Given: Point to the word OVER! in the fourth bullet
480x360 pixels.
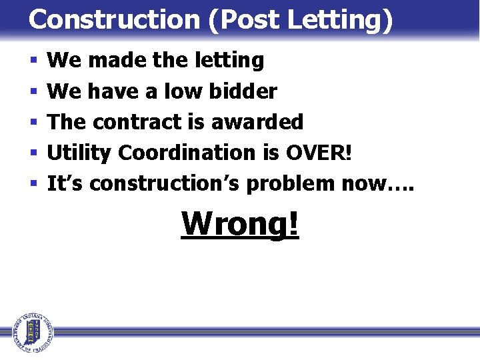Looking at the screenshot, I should [x=318, y=153].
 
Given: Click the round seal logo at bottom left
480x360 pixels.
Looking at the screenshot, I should [x=31, y=331].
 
